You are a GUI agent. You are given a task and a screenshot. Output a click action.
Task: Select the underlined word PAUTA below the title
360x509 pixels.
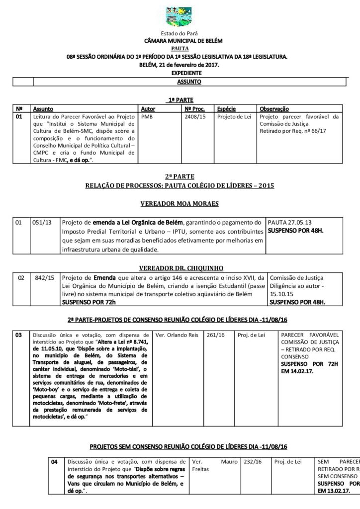click(x=180, y=48)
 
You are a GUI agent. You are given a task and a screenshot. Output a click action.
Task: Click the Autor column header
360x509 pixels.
click(x=148, y=108)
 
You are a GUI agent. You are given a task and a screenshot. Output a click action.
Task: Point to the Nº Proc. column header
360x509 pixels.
click(x=194, y=108)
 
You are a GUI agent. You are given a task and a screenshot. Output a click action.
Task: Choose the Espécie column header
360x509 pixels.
click(x=226, y=108)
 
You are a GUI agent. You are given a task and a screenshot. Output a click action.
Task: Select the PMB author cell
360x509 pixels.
click(x=147, y=117)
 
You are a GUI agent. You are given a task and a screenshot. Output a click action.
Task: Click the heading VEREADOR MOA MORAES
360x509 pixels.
click(x=180, y=204)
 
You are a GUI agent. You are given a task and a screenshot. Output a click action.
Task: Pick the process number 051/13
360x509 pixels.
click(x=42, y=223)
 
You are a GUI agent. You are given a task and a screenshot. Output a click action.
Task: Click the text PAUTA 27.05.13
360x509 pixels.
click(x=286, y=223)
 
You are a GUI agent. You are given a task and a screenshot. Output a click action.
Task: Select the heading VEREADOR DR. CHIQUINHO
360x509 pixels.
click(x=180, y=267)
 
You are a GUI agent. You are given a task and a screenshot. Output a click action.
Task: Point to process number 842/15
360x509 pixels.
click(x=45, y=278)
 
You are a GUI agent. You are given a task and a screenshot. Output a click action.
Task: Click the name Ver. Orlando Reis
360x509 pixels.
click(x=177, y=336)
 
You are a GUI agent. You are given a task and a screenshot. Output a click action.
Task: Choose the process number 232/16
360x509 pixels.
click(x=252, y=462)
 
